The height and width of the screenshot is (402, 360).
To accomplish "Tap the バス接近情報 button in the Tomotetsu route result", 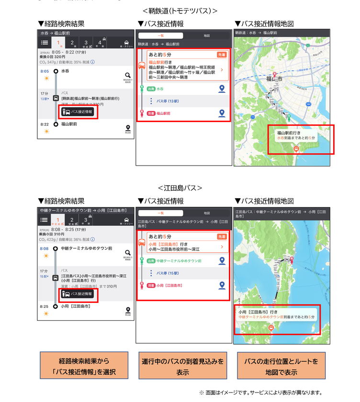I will click(79, 112).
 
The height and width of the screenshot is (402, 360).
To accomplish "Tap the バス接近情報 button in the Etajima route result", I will click(79, 294).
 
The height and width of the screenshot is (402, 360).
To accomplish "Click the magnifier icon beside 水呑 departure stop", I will click(127, 75).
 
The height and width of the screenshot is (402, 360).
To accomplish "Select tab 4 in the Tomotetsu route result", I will click(100, 43).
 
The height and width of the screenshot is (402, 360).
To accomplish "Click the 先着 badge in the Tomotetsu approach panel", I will click(221, 55).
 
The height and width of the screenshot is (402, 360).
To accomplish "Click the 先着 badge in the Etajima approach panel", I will click(221, 237).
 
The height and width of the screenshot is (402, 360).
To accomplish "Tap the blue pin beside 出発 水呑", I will click(222, 89).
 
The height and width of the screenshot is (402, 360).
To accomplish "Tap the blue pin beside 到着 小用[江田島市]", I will click(222, 285).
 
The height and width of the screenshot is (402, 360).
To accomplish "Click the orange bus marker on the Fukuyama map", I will click(296, 149).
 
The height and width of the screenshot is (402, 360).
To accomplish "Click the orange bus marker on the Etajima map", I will click(271, 328).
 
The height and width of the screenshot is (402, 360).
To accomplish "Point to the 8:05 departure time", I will click(45, 71).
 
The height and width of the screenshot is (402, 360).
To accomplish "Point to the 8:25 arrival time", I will click(45, 306).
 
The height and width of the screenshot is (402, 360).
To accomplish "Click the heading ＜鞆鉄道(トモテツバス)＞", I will click(180, 10).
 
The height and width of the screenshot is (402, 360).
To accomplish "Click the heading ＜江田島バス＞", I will click(180, 188).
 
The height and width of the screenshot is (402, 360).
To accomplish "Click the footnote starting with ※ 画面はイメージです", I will click(261, 393).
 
